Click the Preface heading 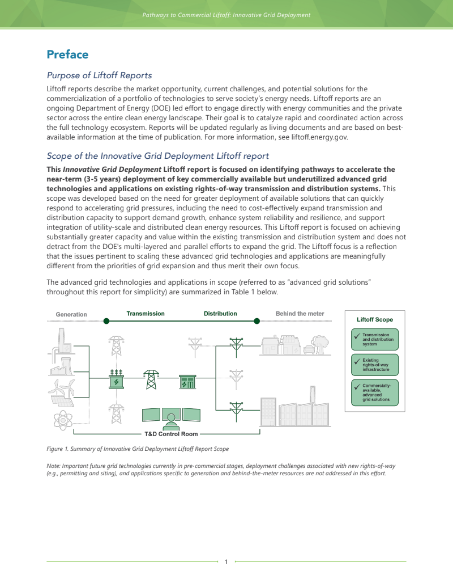[x=67, y=54]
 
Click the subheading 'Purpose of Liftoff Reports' [x=99, y=75]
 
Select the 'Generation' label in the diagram [x=71, y=314]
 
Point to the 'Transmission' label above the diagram [x=146, y=314]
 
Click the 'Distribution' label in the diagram [x=220, y=314]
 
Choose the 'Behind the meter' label [x=300, y=314]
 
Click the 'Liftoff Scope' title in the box [x=374, y=320]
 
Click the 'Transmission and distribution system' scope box [x=374, y=340]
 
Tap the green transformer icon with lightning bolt [x=116, y=382]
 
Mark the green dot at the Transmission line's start [x=106, y=321]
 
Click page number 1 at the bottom [x=226, y=562]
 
